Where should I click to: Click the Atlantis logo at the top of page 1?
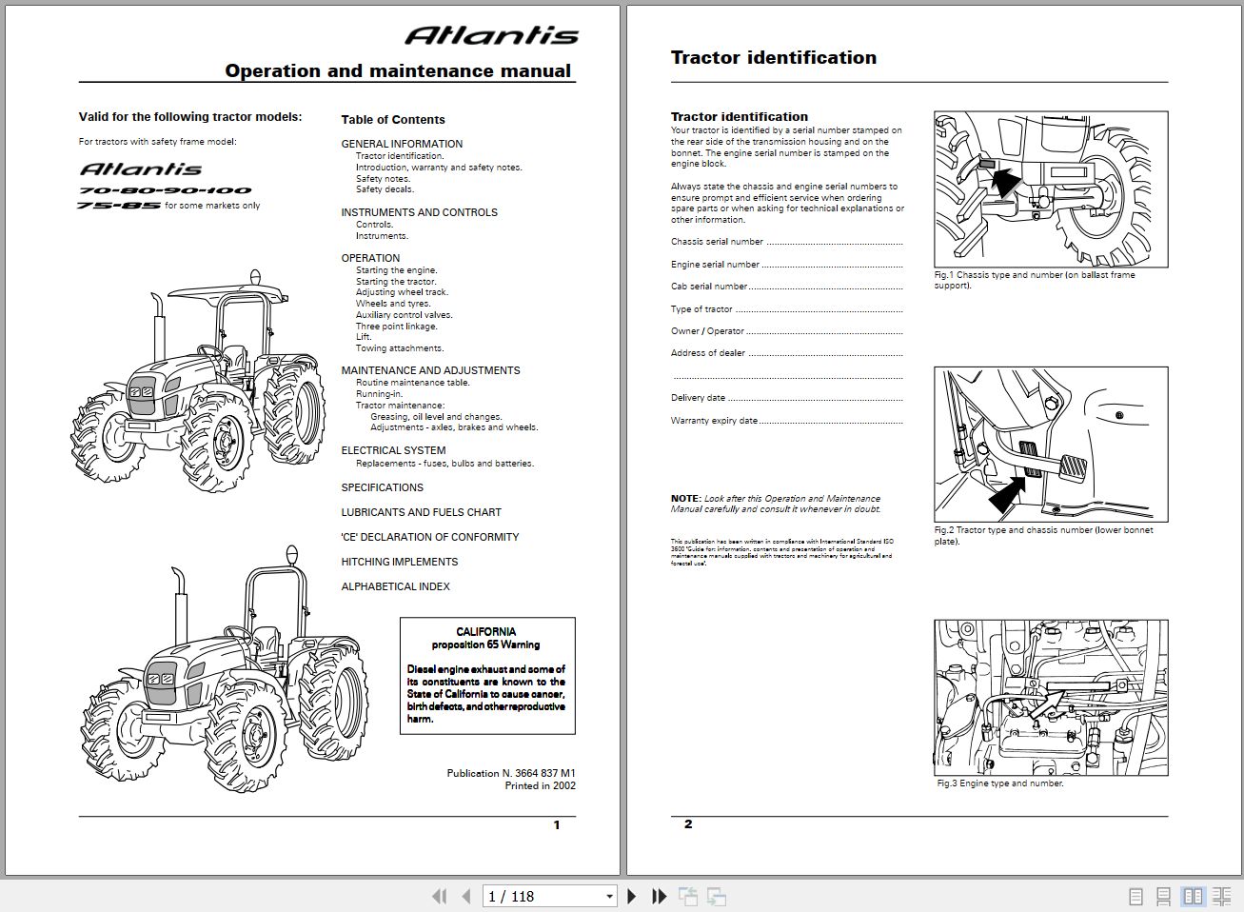[491, 36]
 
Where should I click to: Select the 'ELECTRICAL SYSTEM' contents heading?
[393, 451]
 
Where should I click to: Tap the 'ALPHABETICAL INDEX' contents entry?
[395, 586]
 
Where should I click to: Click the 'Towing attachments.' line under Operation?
[400, 348]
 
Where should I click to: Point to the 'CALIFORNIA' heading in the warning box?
[485, 632]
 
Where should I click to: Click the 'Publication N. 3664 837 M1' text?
[510, 773]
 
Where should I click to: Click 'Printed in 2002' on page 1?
[540, 786]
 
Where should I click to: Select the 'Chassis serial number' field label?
[717, 242]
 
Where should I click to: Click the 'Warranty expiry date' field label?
[714, 421]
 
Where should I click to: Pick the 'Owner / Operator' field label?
[707, 331]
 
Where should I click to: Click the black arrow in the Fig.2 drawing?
[1011, 494]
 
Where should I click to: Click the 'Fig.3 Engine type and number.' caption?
[999, 783]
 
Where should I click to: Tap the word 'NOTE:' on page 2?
[685, 499]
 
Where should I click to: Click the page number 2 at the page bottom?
[688, 824]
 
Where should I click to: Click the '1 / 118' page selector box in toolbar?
[550, 896]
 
